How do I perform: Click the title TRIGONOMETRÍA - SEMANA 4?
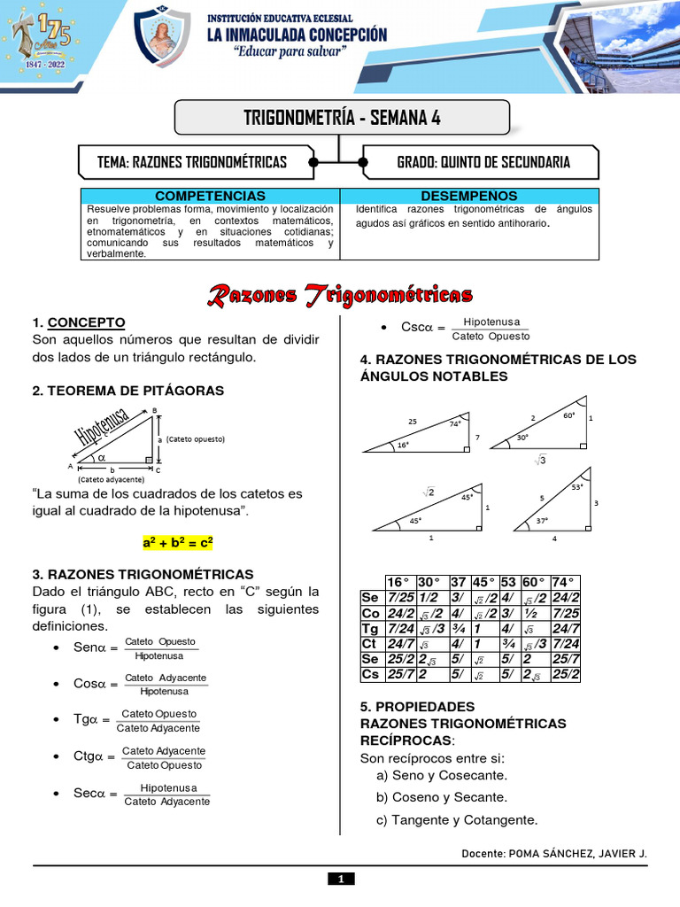point(342,117)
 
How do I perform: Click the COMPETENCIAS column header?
point(210,195)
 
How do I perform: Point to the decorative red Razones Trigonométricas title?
point(340,295)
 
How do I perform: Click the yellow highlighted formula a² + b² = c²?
point(178,541)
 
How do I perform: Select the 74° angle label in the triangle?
point(455,423)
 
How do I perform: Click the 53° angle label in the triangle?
point(577,487)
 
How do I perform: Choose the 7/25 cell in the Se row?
point(400,598)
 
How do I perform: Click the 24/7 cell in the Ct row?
point(400,643)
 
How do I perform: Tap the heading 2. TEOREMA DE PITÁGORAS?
point(128,391)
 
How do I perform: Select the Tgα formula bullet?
point(137,721)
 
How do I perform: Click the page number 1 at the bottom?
point(340,879)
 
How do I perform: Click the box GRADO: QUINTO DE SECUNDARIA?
point(483,162)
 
